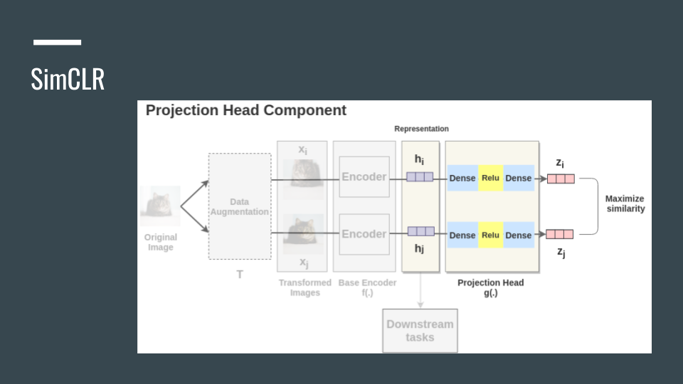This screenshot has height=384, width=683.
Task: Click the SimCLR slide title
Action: tap(68, 79)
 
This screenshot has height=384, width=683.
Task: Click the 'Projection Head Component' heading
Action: tap(245, 110)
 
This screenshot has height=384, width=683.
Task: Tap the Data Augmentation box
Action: tap(240, 206)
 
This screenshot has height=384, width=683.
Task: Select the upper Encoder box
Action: tap(364, 176)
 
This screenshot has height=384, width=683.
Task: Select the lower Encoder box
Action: tap(364, 234)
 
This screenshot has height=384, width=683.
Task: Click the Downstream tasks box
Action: tap(420, 331)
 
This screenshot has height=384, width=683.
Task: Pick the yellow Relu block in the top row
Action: tap(490, 177)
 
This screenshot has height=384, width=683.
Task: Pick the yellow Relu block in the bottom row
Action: tap(490, 235)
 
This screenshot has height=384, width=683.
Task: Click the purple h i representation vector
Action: tap(420, 177)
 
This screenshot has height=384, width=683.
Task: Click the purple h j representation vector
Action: tap(420, 231)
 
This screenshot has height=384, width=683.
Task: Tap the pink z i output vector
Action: tap(560, 178)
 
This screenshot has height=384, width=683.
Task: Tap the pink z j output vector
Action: tap(560, 234)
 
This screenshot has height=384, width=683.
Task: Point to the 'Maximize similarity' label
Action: tap(625, 203)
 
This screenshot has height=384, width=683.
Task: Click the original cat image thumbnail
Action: tap(160, 206)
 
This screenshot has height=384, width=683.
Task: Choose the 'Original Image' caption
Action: tap(161, 242)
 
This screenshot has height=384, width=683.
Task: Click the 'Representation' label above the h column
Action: tap(422, 129)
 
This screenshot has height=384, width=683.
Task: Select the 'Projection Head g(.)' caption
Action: tap(490, 287)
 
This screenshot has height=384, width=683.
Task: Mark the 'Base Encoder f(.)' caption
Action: tap(367, 287)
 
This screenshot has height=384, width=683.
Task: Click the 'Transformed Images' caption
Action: tap(305, 287)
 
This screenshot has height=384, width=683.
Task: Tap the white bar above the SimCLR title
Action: tap(57, 43)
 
